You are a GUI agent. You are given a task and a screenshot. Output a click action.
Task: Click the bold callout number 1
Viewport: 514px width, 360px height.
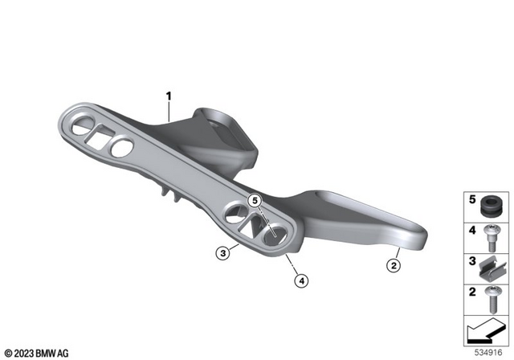click(x=169, y=96)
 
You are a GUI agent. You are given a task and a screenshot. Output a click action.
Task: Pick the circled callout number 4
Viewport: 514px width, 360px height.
click(x=301, y=280)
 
